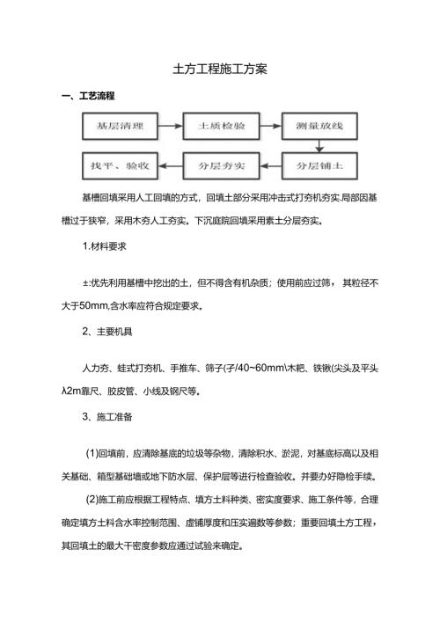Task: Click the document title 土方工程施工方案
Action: (x=220, y=68)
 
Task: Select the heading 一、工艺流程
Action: (x=89, y=95)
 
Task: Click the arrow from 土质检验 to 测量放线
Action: (x=269, y=127)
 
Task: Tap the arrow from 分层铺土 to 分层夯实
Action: (x=269, y=165)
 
